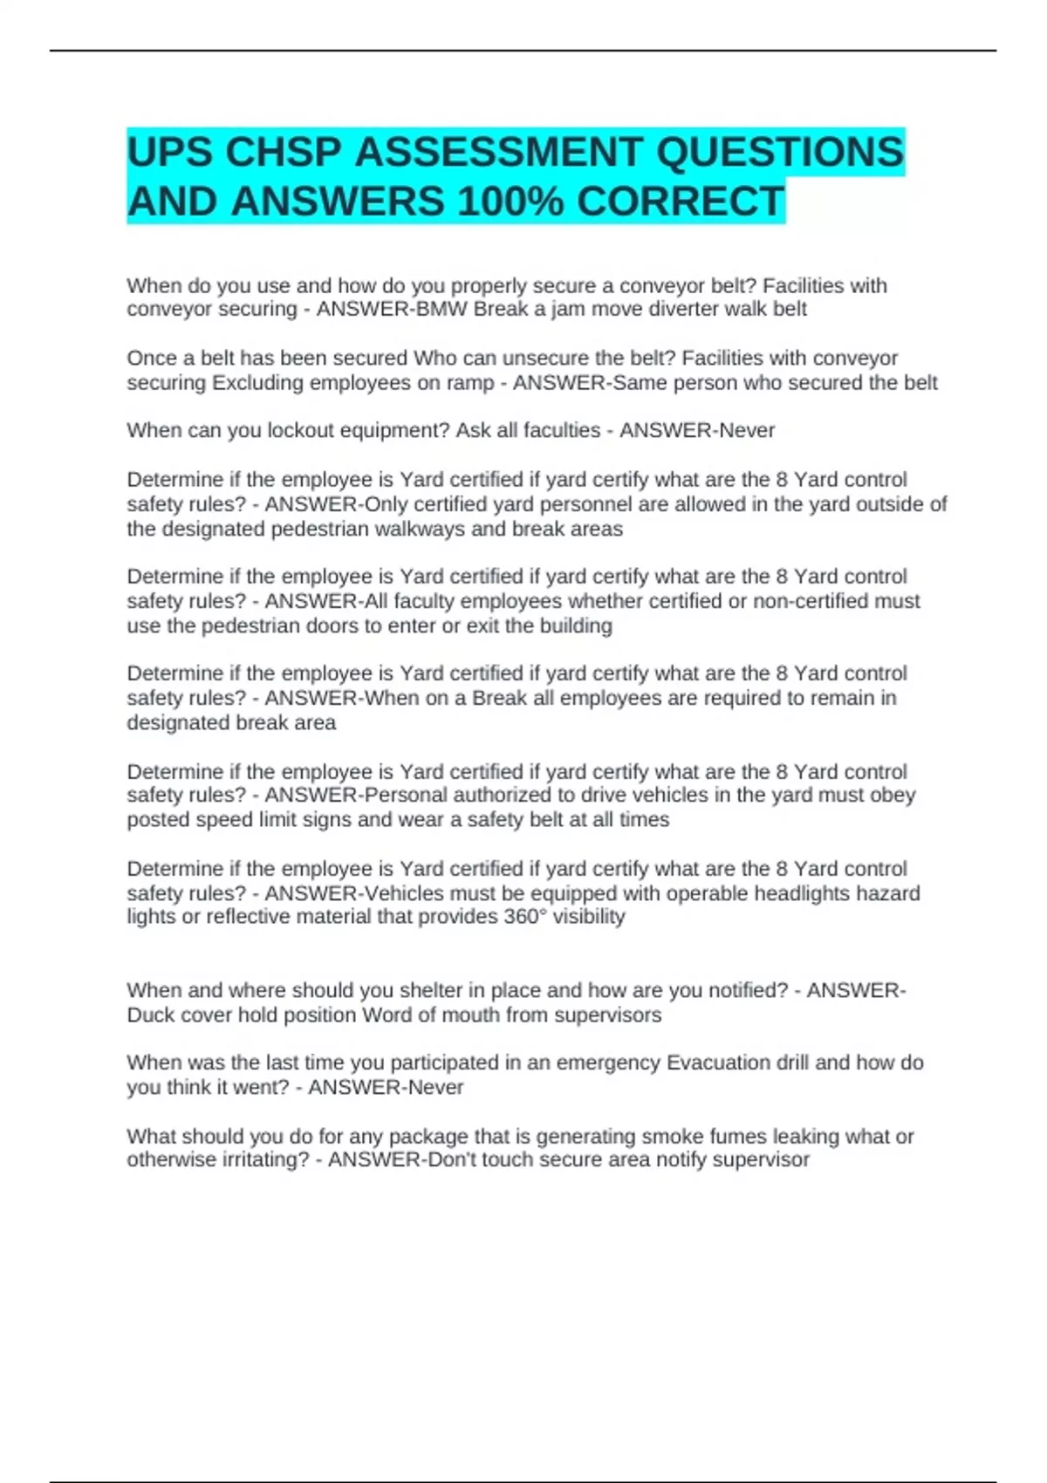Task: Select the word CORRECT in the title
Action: (x=681, y=202)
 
